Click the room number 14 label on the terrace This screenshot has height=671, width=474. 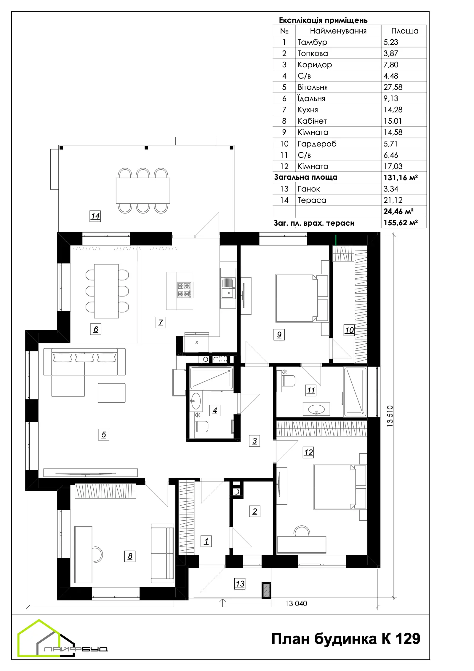pyautogui.click(x=95, y=216)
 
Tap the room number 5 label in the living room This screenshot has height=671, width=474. pyautogui.click(x=104, y=435)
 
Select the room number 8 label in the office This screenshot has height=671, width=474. pyautogui.click(x=130, y=556)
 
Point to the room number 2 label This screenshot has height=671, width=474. pyautogui.click(x=255, y=511)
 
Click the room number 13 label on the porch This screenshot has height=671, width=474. pyautogui.click(x=240, y=584)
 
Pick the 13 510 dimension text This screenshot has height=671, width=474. pyautogui.click(x=390, y=416)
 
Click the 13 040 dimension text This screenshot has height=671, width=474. pyautogui.click(x=296, y=603)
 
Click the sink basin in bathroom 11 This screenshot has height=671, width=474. pyautogui.click(x=316, y=409)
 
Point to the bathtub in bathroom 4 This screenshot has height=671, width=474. pyautogui.click(x=212, y=378)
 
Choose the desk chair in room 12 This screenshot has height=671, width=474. pyautogui.click(x=302, y=531)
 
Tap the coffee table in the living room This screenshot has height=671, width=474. pyautogui.click(x=112, y=393)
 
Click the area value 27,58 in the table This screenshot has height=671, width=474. pyautogui.click(x=393, y=87)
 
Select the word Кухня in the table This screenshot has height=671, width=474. pyautogui.click(x=308, y=110)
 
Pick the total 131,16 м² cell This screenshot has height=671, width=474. pyautogui.click(x=401, y=178)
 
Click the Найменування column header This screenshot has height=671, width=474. pyautogui.click(x=338, y=31)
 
